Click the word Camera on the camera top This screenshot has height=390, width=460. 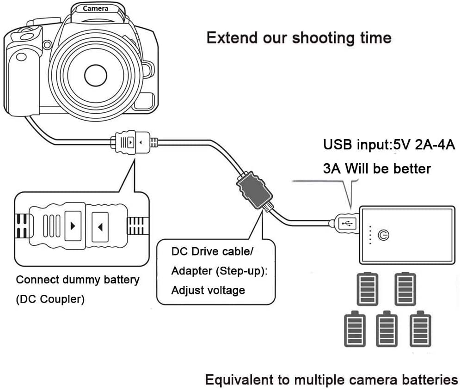96,8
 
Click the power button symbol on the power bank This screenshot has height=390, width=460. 383,235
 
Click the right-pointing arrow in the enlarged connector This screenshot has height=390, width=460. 73,226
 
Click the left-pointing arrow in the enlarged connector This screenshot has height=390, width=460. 100,226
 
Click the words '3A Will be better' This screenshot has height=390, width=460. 376,168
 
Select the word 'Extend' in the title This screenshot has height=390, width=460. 232,37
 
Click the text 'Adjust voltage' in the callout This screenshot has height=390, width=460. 208,290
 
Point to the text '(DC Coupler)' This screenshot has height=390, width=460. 50,299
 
